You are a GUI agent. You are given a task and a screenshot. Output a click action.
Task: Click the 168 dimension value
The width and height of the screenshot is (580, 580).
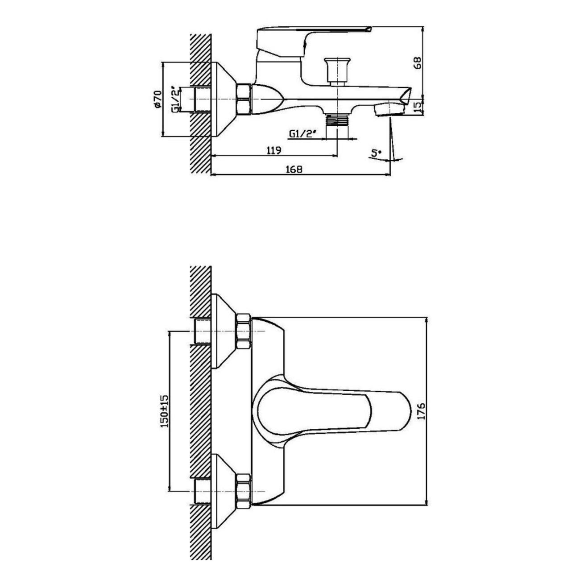294,169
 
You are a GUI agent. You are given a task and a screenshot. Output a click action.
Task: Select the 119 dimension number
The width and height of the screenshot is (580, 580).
273,150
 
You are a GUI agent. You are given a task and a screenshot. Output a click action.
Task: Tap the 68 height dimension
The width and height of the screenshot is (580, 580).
418,63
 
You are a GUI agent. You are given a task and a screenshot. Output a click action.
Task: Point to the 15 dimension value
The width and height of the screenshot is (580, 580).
418,107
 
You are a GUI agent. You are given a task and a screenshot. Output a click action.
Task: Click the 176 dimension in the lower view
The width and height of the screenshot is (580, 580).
422,411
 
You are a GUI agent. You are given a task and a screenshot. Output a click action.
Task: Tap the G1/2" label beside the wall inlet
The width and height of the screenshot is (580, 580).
176,99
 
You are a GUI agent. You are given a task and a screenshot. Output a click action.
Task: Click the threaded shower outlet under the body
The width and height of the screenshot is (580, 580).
337,120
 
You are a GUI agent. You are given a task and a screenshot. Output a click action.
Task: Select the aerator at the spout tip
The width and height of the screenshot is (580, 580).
390,110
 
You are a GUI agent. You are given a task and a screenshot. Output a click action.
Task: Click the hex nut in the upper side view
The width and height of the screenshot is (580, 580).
243,99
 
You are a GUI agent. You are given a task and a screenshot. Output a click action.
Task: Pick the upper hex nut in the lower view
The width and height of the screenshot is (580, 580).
243,331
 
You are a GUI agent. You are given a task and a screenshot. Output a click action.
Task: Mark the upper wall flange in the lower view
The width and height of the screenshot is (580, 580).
224,331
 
